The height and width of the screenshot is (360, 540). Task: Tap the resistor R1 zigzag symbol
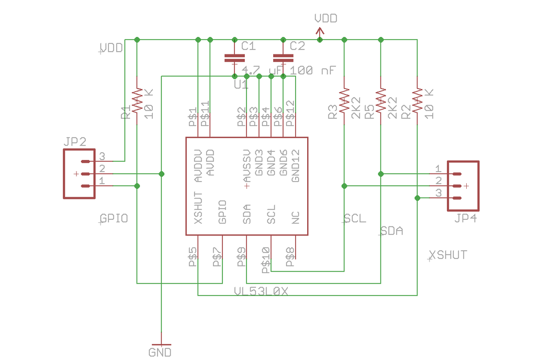137,100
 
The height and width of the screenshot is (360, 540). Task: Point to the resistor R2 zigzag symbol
417,100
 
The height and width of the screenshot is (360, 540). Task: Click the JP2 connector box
79,174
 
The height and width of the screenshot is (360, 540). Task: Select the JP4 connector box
463,186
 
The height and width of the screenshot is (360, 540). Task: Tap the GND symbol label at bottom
160,352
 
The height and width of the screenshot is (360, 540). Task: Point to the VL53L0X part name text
262,291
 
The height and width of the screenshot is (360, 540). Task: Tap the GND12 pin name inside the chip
296,166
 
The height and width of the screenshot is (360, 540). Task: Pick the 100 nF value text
313,70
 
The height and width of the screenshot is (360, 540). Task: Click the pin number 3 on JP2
103,156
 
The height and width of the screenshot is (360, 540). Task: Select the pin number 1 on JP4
438,168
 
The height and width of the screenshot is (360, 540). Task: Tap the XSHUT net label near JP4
448,255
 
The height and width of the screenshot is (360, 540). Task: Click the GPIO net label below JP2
114,219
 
